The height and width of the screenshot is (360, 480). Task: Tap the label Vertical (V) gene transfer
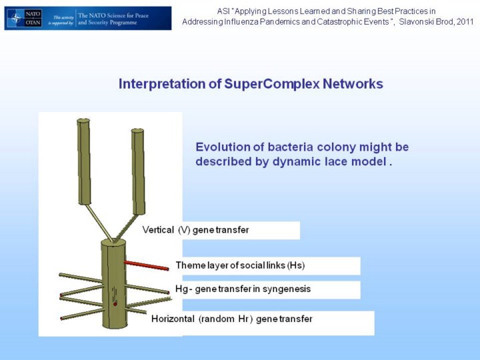coord(195,230)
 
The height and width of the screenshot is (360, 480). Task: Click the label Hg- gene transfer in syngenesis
coord(243,289)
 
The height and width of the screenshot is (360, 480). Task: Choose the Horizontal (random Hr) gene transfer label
coord(231,319)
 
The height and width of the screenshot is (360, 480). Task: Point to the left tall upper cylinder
coord(83,160)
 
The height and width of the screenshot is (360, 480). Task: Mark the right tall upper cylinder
coord(138,170)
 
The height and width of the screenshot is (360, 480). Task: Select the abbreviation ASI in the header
coord(223,11)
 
